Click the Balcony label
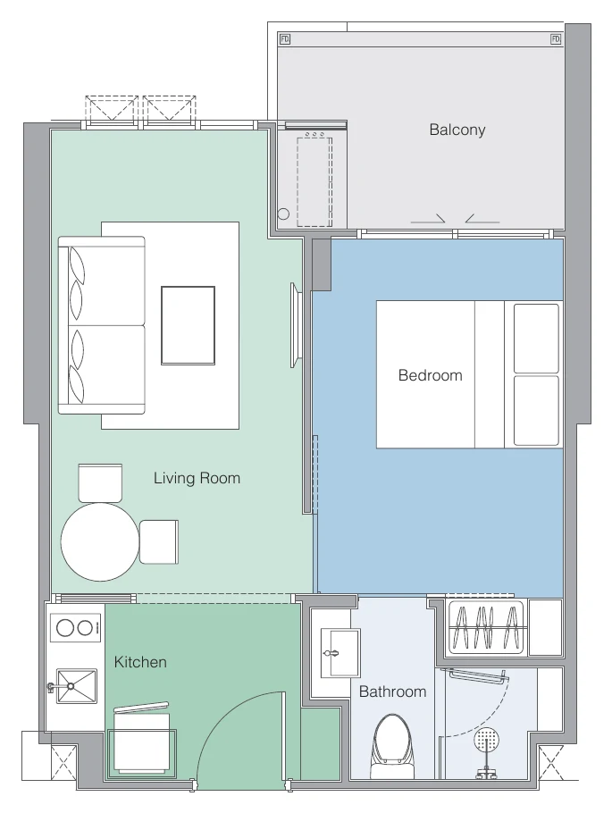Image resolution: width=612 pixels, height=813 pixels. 457,130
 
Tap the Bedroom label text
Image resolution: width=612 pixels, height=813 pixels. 430,375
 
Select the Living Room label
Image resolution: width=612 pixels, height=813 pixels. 197,478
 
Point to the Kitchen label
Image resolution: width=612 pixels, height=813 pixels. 140,662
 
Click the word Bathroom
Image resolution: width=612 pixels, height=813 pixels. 392,691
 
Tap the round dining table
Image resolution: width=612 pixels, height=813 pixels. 100,541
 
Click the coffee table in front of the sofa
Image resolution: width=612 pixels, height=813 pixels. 188,325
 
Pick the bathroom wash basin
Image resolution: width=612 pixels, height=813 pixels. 340,653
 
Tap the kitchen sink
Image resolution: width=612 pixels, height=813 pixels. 76,686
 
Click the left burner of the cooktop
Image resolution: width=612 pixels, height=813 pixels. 65,628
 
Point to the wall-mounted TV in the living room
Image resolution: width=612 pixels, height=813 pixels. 295,325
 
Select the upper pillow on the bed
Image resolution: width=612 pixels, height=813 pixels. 536,338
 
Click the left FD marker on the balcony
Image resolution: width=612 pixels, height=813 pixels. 285,39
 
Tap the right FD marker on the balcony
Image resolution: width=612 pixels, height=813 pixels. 556,39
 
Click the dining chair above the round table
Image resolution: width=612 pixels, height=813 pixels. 100,482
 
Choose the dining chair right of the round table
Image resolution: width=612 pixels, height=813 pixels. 159,541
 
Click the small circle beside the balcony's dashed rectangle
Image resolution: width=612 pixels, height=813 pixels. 283,214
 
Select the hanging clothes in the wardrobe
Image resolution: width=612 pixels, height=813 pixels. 486,628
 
